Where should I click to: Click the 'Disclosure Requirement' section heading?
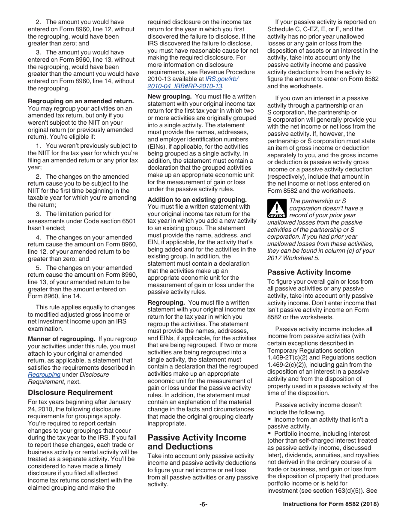[70, 392]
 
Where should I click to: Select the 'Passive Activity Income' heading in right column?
[309, 272]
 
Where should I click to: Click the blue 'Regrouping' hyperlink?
[44, 374]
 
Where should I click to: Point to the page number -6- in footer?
[203, 504]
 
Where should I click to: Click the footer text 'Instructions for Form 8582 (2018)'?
[331, 504]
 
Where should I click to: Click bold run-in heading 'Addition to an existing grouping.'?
[197, 200]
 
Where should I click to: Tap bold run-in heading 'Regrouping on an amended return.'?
[81, 101]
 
